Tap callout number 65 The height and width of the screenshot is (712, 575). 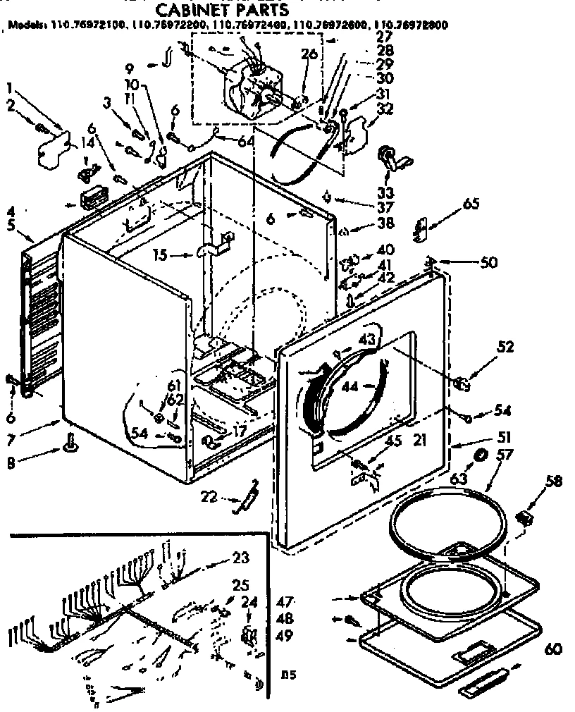click(x=471, y=204)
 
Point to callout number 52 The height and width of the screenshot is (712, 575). click(x=505, y=347)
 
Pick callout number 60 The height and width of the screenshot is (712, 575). click(x=553, y=649)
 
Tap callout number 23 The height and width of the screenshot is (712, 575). click(x=241, y=557)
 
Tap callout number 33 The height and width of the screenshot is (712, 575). click(x=385, y=192)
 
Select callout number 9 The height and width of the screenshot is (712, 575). click(x=130, y=68)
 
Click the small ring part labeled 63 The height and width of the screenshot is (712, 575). click(x=481, y=455)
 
